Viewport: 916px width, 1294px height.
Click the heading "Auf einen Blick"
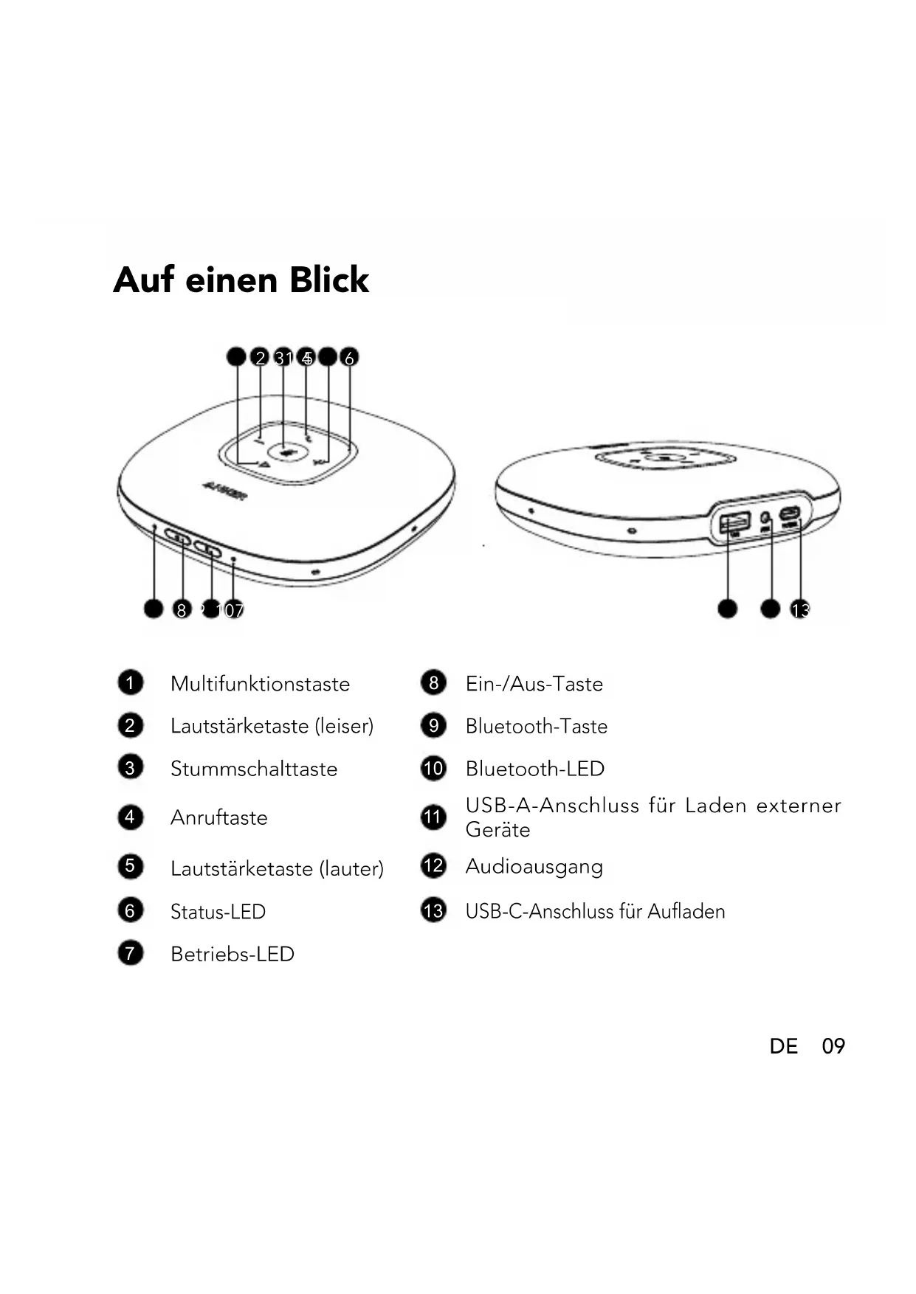tap(241, 280)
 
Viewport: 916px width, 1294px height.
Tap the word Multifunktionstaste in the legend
tap(260, 684)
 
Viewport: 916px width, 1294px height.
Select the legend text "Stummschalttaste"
tap(253, 769)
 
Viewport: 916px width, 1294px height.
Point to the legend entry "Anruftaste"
tap(218, 817)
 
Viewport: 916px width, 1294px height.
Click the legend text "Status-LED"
tap(218, 912)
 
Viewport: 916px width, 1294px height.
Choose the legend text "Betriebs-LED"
tap(232, 954)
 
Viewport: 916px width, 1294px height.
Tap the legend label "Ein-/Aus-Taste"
tap(534, 684)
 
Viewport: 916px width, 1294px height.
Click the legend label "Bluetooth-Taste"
tap(536, 726)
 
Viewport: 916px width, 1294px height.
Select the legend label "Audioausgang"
tap(534, 866)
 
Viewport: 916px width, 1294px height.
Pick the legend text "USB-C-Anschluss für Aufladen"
tap(595, 911)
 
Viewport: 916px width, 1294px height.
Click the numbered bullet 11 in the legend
tap(433, 817)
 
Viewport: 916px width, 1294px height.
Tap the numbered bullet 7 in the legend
tap(130, 953)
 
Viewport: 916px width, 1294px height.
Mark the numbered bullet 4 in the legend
tap(130, 817)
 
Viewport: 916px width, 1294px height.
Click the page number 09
tap(833, 1046)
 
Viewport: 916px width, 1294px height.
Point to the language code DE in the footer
tap(783, 1046)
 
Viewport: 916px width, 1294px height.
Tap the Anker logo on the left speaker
tap(224, 488)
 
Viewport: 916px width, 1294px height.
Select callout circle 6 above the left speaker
tap(349, 358)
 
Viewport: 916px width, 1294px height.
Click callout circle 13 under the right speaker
tap(800, 609)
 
